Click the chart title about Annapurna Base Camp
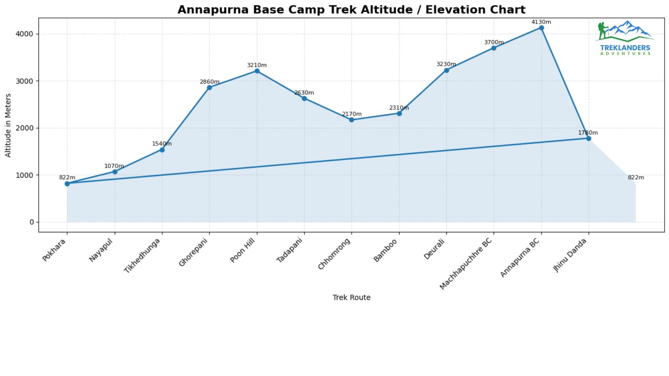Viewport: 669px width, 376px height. [x=351, y=10]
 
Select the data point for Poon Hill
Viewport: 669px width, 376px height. [x=257, y=71]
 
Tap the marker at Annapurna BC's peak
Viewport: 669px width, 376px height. [x=541, y=28]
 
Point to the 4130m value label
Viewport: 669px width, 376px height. [x=541, y=22]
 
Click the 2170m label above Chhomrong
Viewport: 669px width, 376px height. [x=352, y=114]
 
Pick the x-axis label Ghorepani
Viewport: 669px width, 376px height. [x=194, y=253]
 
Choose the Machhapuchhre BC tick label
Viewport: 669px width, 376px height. [x=466, y=264]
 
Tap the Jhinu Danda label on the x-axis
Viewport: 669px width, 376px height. [x=570, y=255]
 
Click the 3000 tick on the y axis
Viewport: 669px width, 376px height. [x=24, y=81]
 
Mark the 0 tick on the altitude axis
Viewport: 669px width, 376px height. [x=32, y=222]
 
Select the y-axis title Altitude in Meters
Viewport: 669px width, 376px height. [x=8, y=125]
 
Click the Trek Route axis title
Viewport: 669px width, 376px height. [x=351, y=298]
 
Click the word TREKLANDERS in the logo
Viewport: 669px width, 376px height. [x=625, y=48]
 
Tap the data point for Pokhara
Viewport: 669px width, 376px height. [x=67, y=184]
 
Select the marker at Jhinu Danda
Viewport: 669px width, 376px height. [x=589, y=139]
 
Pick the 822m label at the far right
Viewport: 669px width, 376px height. [x=636, y=177]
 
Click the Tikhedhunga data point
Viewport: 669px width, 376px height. [x=162, y=150]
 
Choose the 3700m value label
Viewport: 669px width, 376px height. [x=494, y=42]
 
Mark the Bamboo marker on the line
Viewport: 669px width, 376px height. [x=399, y=113]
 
